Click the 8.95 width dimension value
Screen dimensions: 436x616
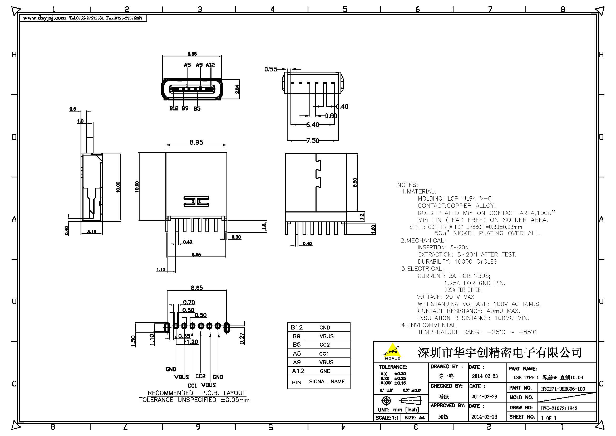pos(196,142)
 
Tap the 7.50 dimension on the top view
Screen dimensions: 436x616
pos(313,141)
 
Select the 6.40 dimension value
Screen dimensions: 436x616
pos(313,125)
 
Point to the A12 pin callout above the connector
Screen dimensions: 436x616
pos(210,65)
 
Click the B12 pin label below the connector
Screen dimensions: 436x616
pos(174,108)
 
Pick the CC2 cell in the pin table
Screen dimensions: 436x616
pos(325,345)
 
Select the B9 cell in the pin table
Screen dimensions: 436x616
pos(296,336)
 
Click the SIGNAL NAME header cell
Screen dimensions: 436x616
pos(327,381)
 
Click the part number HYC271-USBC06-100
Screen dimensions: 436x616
pos(563,389)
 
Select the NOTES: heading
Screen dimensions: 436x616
pos(407,185)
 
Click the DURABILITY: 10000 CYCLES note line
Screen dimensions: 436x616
pos(457,262)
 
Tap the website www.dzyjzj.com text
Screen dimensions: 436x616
pos(45,18)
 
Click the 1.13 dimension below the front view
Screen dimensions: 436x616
pos(161,270)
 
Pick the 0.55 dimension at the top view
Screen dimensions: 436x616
pos(270,69)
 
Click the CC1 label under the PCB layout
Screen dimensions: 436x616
pos(192,386)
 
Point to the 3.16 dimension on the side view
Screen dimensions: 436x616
pos(91,231)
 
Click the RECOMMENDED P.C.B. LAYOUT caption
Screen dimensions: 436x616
pos(197,393)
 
